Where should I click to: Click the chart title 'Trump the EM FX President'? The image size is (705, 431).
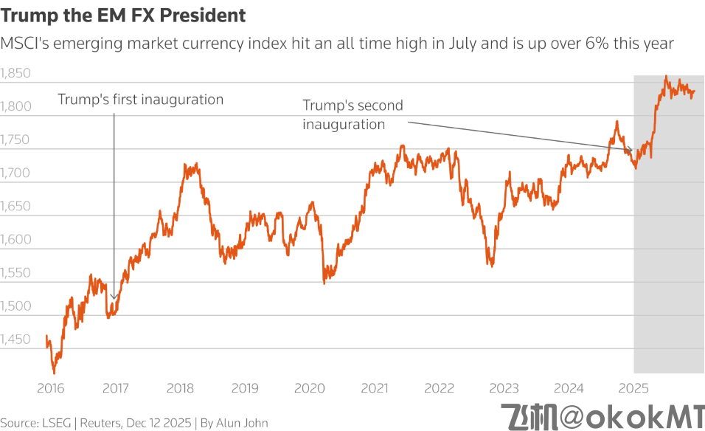[x=123, y=15]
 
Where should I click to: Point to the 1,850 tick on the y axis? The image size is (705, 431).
[x=15, y=73]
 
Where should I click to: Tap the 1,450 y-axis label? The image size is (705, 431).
[x=15, y=339]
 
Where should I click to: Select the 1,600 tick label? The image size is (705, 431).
[x=15, y=239]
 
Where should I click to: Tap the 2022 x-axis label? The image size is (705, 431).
[x=440, y=387]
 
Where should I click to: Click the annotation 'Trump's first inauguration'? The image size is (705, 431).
[x=140, y=99]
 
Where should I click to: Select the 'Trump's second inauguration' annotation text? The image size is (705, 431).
[x=352, y=114]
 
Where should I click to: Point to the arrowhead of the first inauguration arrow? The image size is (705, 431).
[x=114, y=299]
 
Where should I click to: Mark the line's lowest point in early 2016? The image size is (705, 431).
[x=54, y=373]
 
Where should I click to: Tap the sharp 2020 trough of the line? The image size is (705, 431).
[x=324, y=283]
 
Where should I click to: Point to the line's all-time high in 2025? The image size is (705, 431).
[x=666, y=76]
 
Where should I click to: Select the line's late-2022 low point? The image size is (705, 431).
[x=490, y=266]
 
